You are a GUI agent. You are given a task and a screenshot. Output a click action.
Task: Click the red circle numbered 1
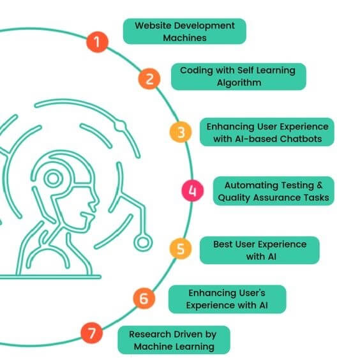tap(97, 42)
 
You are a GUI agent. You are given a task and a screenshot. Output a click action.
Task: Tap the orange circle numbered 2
tap(149, 79)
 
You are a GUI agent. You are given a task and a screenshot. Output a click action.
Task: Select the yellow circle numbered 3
tap(181, 132)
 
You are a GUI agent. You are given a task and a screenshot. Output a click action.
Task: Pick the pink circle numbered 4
tap(192, 191)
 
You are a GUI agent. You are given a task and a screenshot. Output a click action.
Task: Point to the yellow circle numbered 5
tap(181, 249)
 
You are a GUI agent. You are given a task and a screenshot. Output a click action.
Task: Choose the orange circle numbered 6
tap(144, 299)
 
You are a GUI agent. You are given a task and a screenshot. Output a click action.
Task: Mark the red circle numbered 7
tap(92, 333)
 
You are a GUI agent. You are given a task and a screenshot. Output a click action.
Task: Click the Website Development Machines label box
tap(184, 31)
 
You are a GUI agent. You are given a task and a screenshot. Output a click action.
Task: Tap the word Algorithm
tap(239, 83)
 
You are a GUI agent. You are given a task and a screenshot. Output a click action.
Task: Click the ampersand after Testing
tap(320, 185)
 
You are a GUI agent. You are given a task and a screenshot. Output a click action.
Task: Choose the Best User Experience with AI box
tap(260, 250)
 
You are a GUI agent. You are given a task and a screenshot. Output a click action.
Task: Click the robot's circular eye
tap(53, 178)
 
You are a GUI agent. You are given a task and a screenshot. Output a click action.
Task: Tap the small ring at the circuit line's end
tap(143, 243)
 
